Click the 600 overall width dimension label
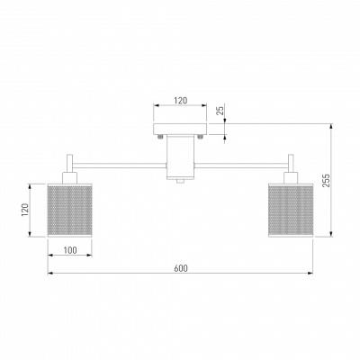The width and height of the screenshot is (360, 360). point(181,268)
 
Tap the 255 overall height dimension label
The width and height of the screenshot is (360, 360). point(326,180)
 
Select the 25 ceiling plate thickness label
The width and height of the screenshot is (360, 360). point(220,111)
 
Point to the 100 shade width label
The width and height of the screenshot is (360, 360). point(70,250)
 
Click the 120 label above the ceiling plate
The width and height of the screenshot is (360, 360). point(181,101)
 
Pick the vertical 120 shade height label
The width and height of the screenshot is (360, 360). point(25,210)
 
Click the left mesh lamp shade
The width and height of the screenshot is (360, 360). point(69,211)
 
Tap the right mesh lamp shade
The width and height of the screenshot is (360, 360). point(291,211)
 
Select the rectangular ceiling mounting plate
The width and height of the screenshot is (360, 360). point(180,129)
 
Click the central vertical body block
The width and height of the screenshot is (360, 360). point(180,157)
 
